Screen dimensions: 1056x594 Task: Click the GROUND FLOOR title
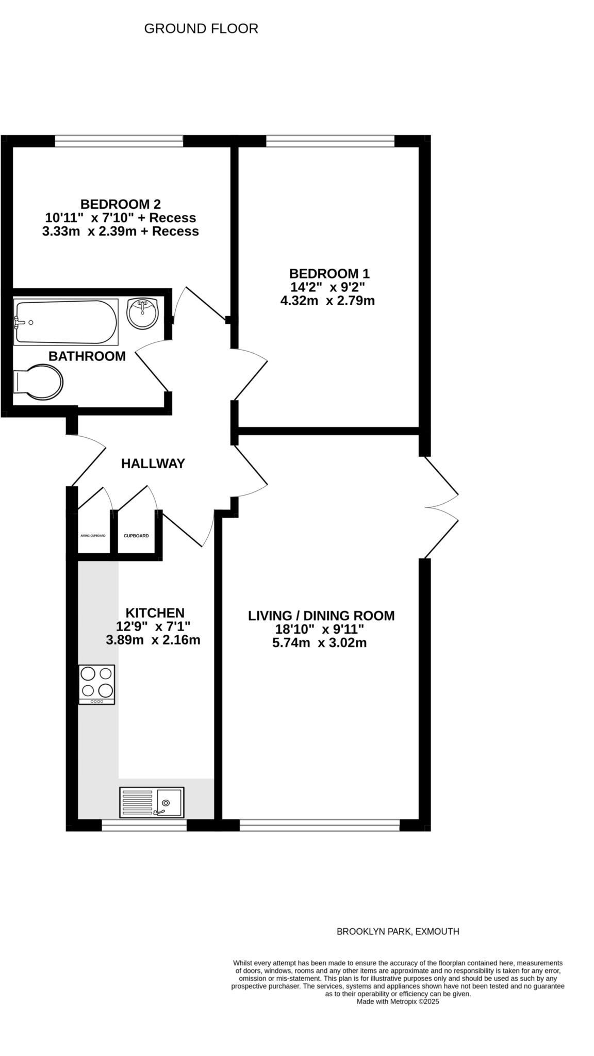[x=201, y=29]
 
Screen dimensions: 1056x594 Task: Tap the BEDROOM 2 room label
[x=120, y=204]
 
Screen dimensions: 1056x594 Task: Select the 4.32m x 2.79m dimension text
[x=327, y=300]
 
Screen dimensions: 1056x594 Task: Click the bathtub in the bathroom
[x=66, y=322]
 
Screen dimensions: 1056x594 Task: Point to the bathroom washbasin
[x=143, y=313]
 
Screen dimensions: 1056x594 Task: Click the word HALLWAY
[x=153, y=464]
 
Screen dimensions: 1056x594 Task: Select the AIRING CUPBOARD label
[x=93, y=536]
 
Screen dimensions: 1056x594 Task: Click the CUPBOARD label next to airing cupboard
[x=136, y=536]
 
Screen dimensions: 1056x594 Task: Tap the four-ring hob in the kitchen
[x=96, y=684]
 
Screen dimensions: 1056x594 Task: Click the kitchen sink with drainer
[x=152, y=802]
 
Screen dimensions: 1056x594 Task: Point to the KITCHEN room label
[x=155, y=613]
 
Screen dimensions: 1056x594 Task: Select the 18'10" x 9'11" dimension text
[x=319, y=629]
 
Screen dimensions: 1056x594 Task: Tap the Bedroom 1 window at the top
[x=330, y=141]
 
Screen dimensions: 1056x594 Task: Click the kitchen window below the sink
[x=144, y=826]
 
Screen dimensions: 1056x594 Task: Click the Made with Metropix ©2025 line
[x=398, y=1001]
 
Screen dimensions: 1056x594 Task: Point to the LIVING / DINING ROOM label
[x=321, y=616]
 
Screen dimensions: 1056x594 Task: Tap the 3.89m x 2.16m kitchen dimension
[x=153, y=640]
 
